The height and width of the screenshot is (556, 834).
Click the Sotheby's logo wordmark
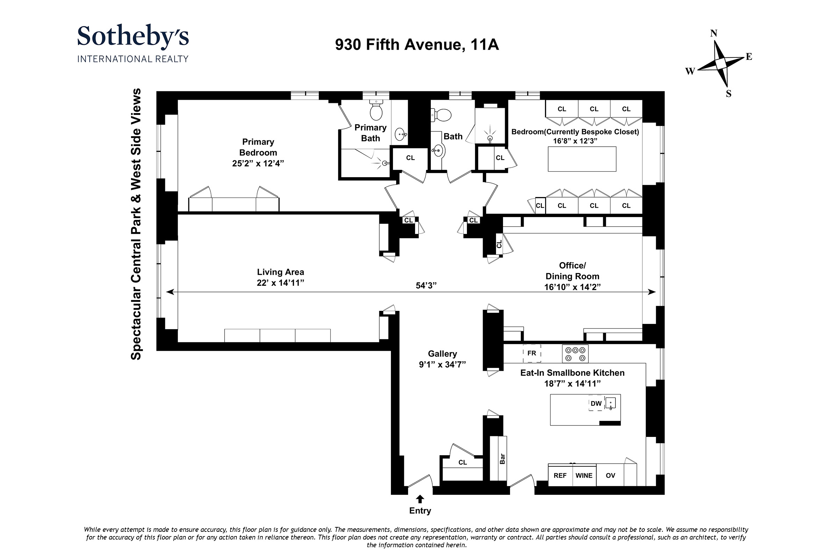[133, 37]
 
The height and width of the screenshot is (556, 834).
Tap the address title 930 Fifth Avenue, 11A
[417, 45]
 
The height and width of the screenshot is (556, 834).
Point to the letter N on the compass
[714, 34]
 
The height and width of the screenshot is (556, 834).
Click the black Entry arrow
[420, 499]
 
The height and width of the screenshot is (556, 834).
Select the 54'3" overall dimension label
[426, 285]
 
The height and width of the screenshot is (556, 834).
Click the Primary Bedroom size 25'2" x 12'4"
[258, 164]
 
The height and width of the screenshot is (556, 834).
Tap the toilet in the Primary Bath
[376, 110]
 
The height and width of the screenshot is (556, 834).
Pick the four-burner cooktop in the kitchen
[575, 354]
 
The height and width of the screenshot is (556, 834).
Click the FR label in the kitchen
[532, 353]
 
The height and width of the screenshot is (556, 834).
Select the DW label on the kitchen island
[596, 403]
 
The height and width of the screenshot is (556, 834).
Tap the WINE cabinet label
[584, 475]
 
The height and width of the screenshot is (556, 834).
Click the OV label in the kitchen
[611, 475]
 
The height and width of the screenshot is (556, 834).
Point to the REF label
[560, 475]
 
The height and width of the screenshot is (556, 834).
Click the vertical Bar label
[502, 459]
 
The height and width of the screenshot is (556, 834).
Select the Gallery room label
[442, 354]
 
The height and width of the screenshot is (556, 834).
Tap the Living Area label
[280, 272]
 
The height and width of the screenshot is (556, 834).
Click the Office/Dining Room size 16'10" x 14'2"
[572, 287]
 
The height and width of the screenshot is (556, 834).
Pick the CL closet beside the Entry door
[463, 463]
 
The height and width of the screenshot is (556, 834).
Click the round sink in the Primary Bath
[400, 134]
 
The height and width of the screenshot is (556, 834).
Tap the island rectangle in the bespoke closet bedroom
[582, 159]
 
